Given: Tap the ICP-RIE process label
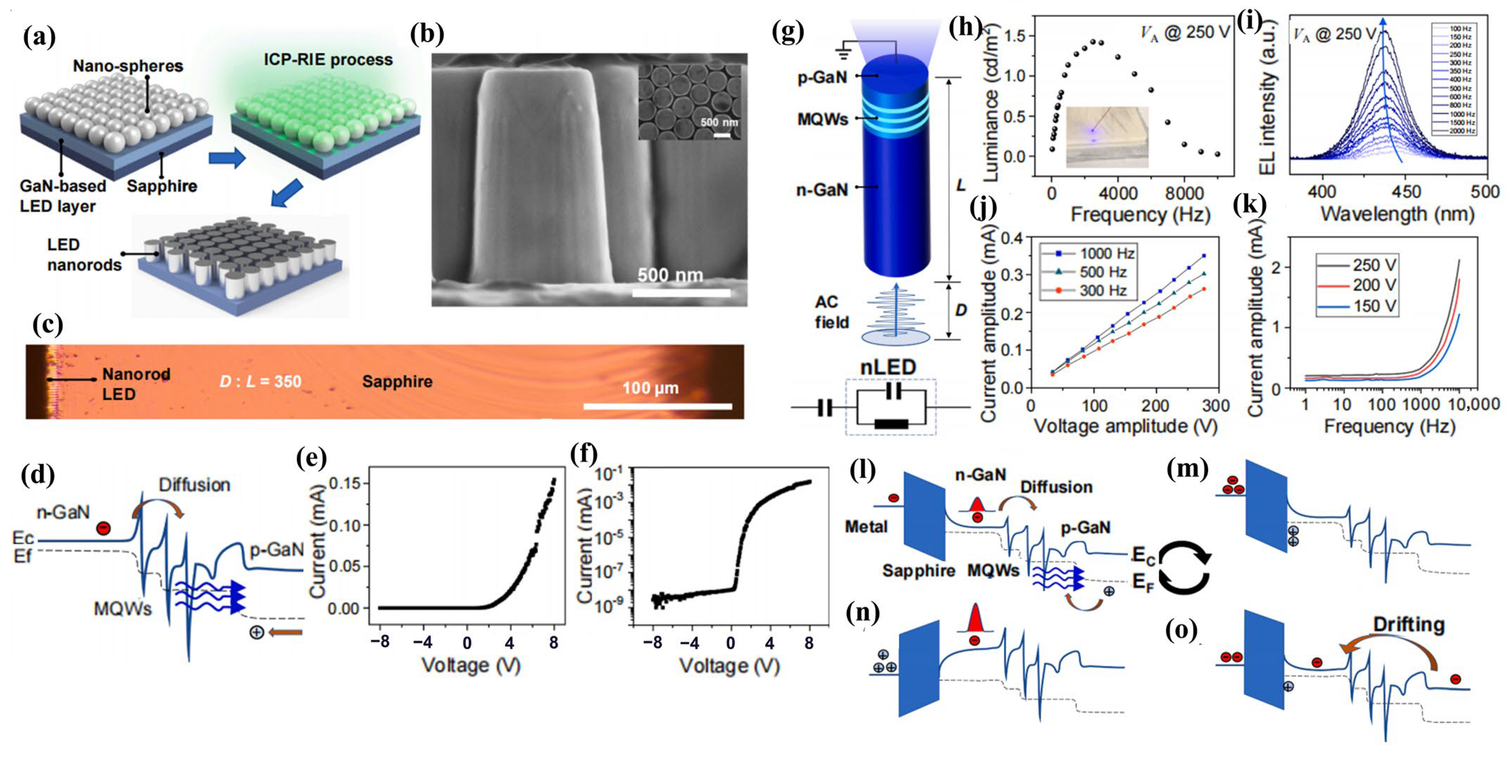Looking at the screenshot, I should (328, 60).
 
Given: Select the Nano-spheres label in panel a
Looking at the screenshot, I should (128, 66).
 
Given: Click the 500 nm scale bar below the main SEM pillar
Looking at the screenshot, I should (681, 292).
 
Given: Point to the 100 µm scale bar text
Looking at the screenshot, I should (650, 388).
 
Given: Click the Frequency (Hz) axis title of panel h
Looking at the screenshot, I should (1140, 215).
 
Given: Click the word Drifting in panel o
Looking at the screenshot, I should (1408, 625).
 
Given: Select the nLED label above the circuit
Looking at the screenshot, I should (887, 367).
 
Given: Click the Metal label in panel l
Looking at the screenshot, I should (866, 527).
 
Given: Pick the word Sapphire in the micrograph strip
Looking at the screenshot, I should (397, 381).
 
